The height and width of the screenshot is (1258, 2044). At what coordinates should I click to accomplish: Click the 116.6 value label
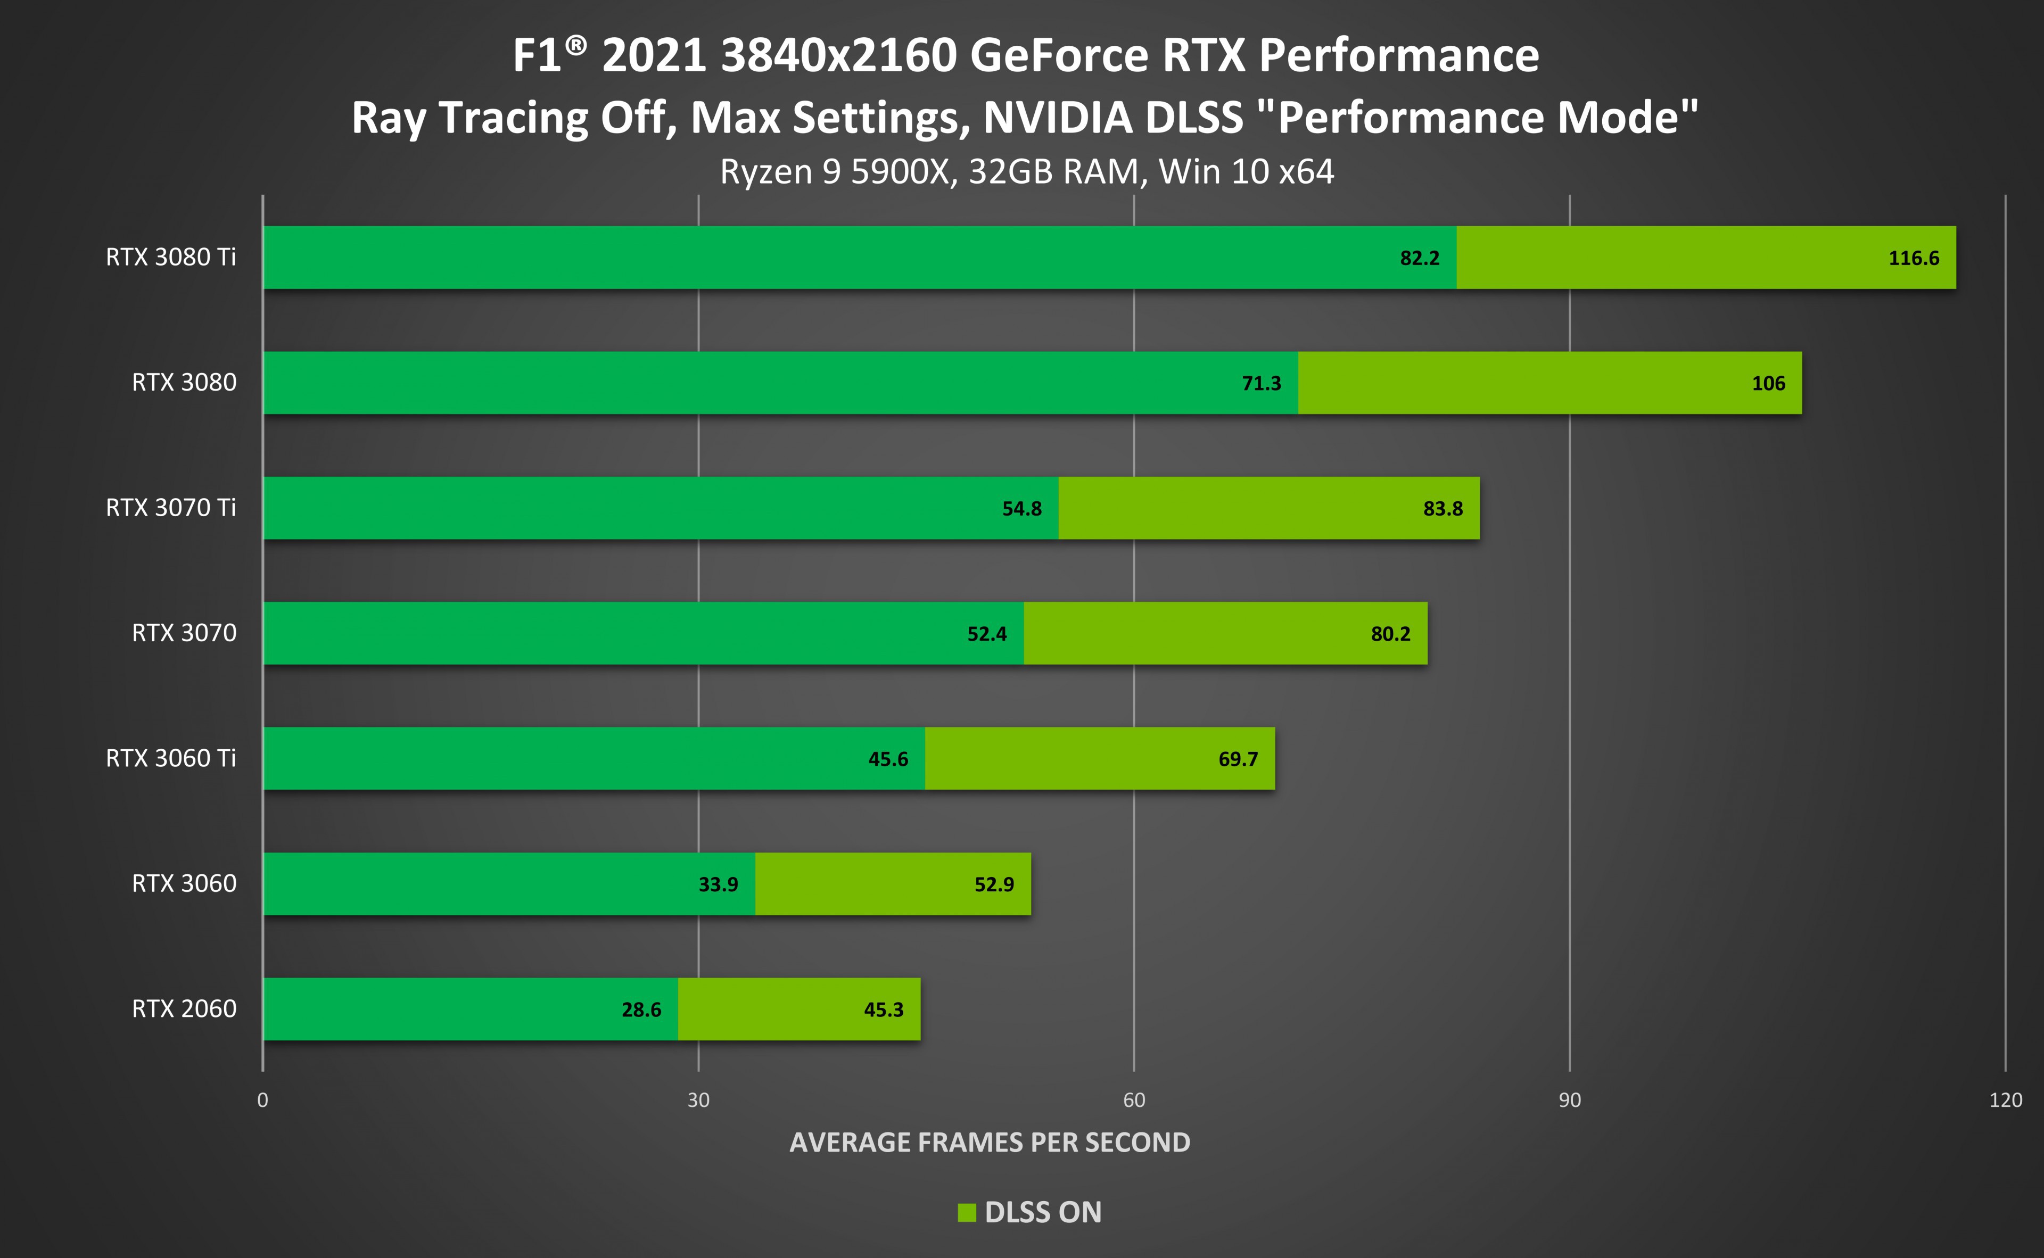click(x=1914, y=258)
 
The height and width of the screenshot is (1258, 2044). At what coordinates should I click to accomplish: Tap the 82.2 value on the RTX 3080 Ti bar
click(x=1419, y=258)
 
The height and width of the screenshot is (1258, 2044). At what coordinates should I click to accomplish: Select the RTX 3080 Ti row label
click(x=171, y=257)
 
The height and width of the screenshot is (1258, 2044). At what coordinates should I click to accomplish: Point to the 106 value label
click(x=1768, y=384)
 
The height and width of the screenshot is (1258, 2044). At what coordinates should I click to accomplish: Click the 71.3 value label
click(x=1261, y=384)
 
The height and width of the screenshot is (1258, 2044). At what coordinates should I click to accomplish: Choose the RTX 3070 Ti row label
click(x=171, y=508)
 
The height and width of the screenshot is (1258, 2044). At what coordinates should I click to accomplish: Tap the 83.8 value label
click(x=1443, y=508)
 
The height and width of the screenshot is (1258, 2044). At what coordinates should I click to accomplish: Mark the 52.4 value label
click(x=986, y=634)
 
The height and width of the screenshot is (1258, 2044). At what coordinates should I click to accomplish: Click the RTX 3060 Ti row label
click(x=171, y=758)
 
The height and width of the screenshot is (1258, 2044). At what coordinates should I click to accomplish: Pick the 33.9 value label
click(x=718, y=884)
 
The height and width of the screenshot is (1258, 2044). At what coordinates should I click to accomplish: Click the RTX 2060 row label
click(x=184, y=1008)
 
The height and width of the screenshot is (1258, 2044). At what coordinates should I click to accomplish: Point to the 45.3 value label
click(x=883, y=1010)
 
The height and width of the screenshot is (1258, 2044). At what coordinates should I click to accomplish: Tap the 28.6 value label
click(x=641, y=1010)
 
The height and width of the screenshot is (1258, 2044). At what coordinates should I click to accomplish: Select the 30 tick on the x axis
click(x=698, y=1100)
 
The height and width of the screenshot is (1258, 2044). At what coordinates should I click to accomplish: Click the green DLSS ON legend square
click(x=966, y=1212)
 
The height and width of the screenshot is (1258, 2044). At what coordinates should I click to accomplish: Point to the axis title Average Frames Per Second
click(x=990, y=1143)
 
